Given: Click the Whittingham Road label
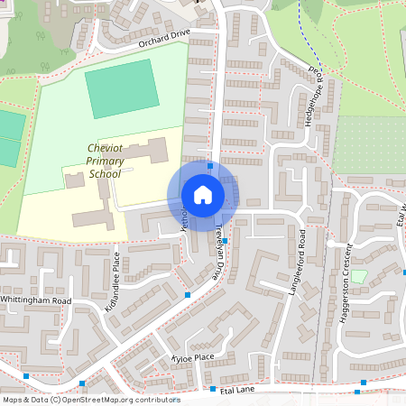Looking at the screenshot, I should (x=36, y=300).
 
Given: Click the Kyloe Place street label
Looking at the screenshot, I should (x=192, y=358).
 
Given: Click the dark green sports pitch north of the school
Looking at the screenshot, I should (x=120, y=88).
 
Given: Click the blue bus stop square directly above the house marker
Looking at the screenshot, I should (x=210, y=166).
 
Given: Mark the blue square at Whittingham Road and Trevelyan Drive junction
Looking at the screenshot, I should (x=187, y=294).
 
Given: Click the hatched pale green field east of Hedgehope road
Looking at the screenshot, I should (x=370, y=126).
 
